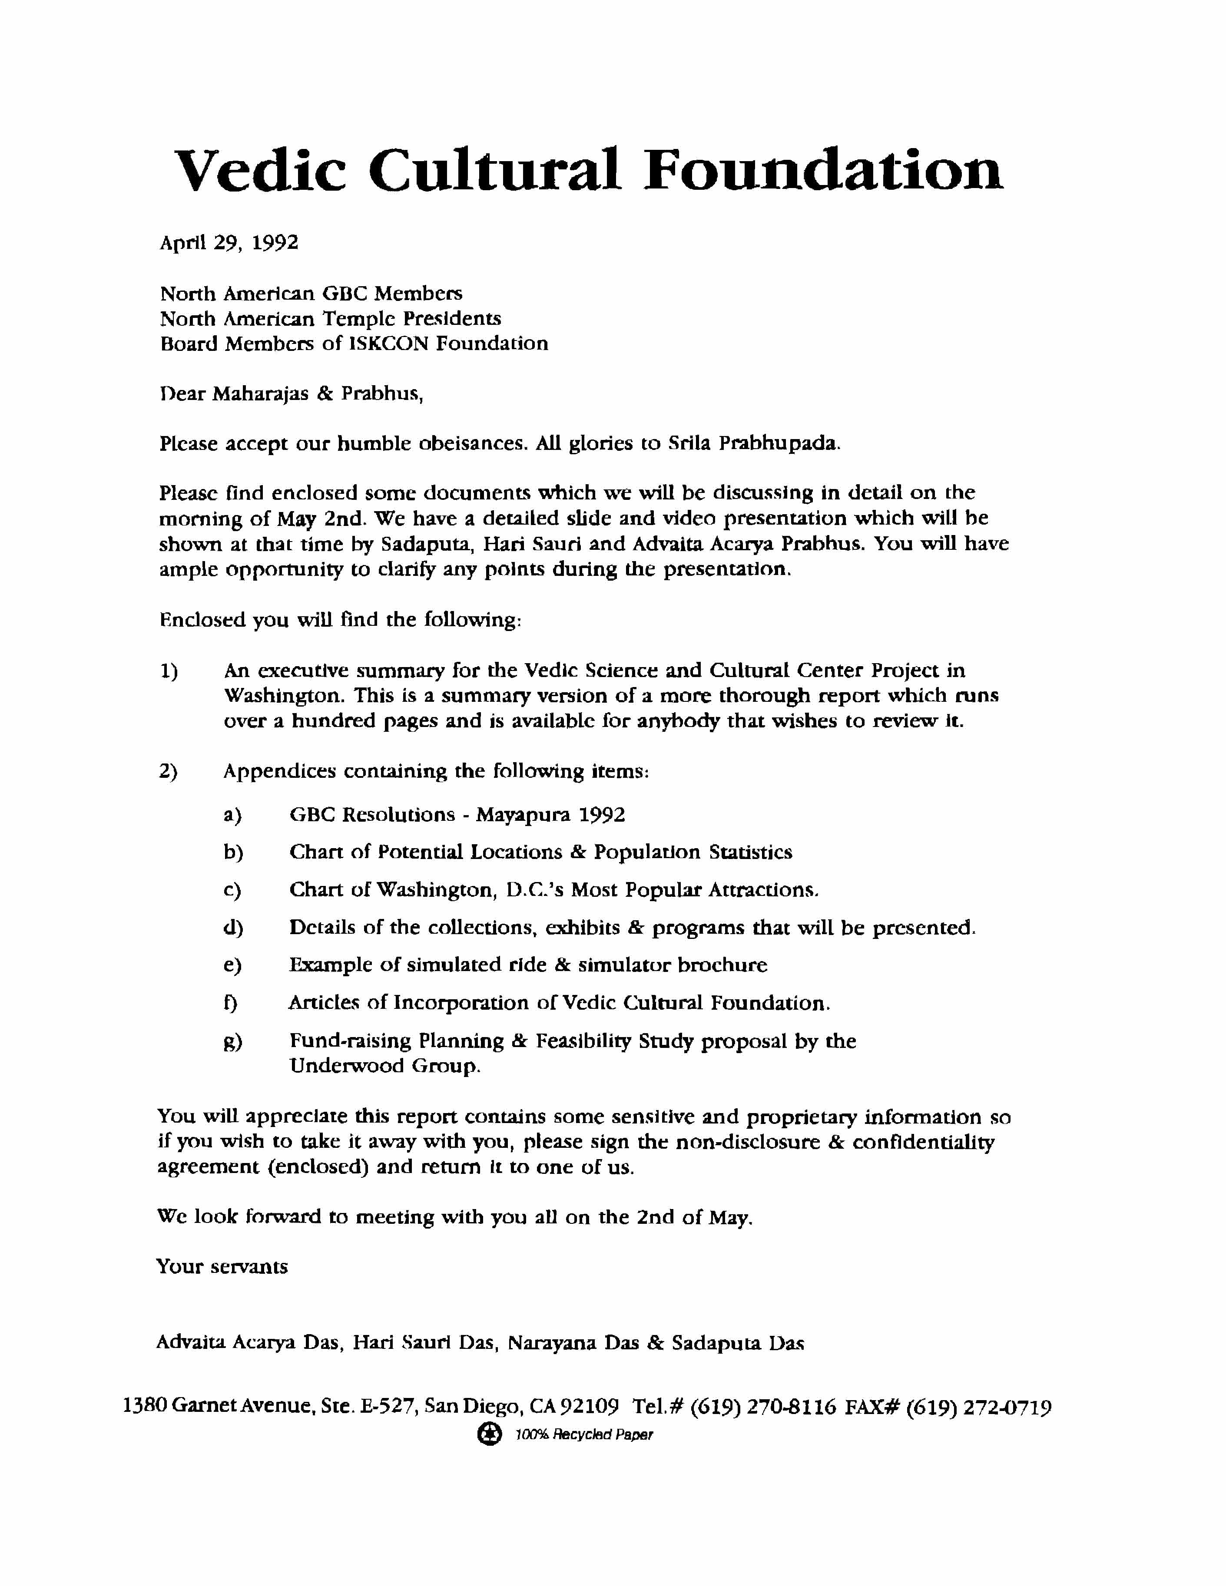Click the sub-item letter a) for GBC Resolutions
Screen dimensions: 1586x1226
(232, 815)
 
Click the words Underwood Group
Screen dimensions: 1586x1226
(384, 1066)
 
